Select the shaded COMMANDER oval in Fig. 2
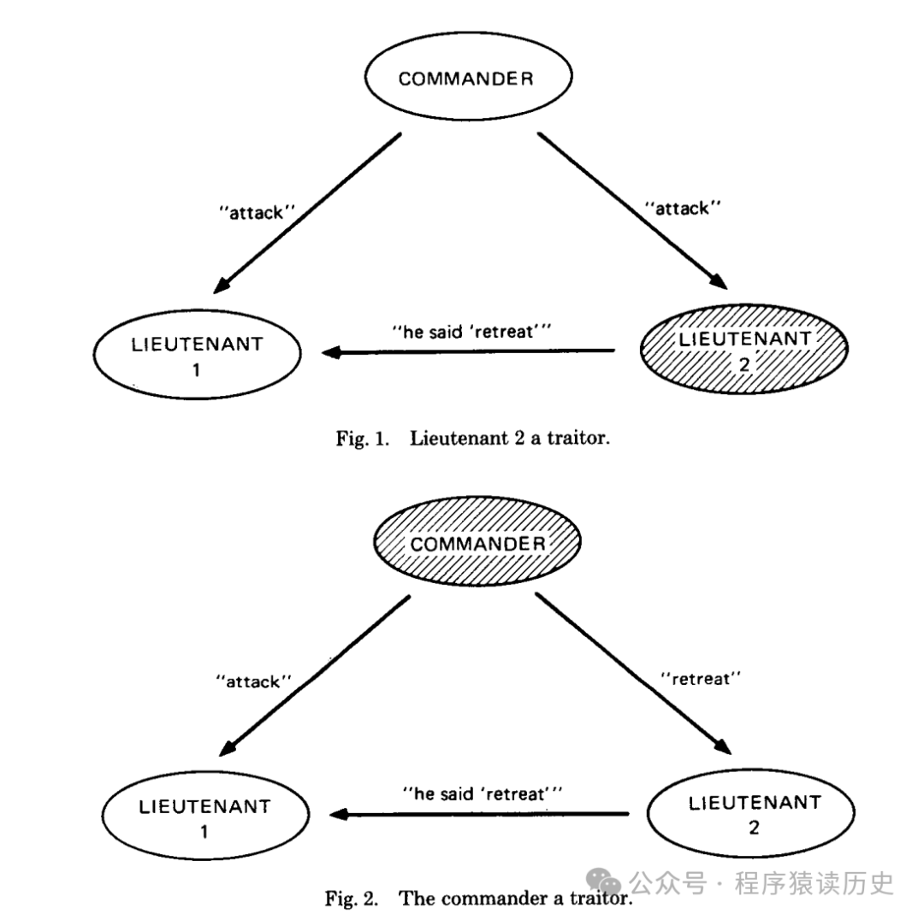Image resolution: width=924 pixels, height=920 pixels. point(477,544)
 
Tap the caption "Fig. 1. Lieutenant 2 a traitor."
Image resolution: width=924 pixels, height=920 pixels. point(474,439)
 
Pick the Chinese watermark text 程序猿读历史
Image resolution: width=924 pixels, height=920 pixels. point(813,882)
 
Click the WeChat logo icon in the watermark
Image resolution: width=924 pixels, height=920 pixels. point(607,882)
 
